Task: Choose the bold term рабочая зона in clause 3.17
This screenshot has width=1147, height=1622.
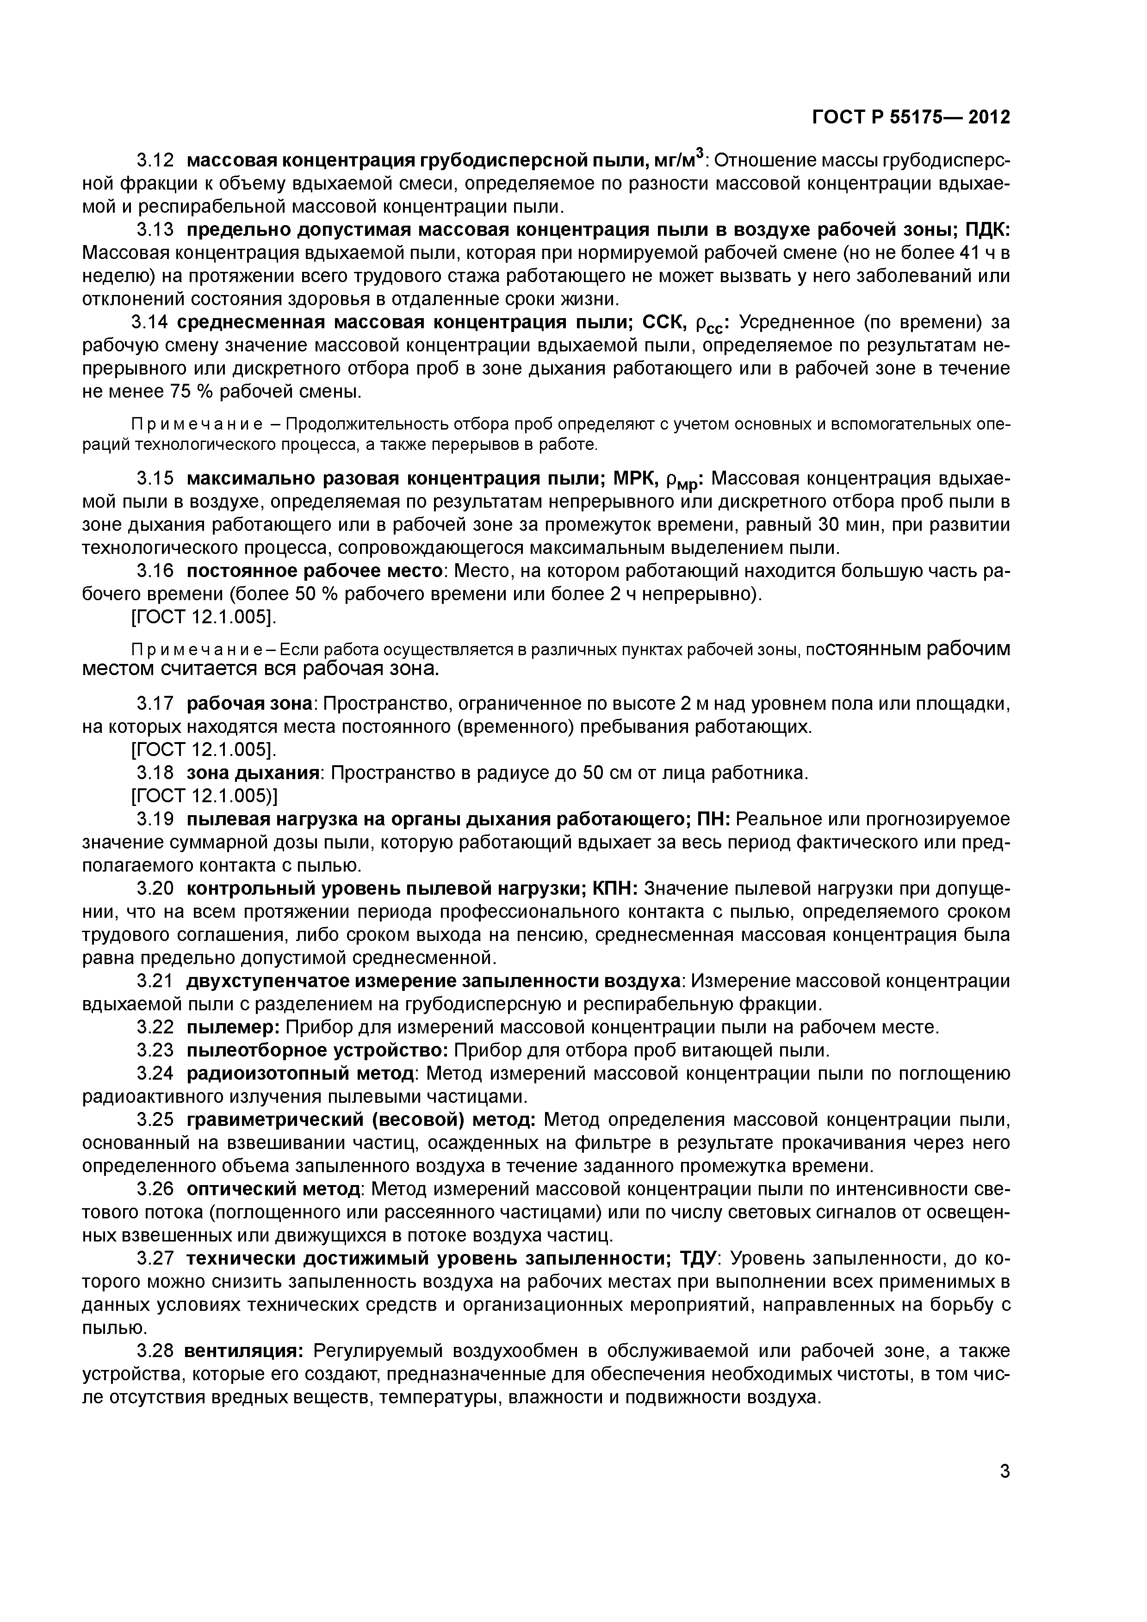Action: pos(249,704)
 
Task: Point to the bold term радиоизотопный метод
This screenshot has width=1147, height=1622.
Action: pos(300,1074)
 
